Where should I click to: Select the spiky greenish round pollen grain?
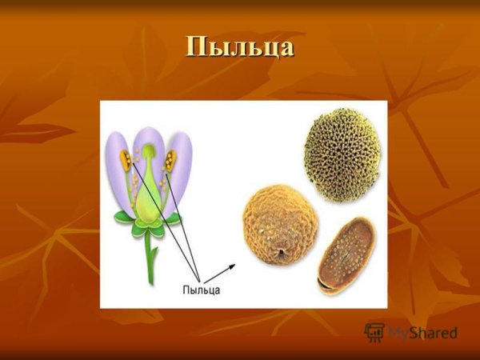coord(339,155)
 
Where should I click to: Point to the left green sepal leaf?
coord(124,218)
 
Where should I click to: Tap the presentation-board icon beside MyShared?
coord(374,332)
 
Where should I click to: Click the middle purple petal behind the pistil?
coord(149,144)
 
